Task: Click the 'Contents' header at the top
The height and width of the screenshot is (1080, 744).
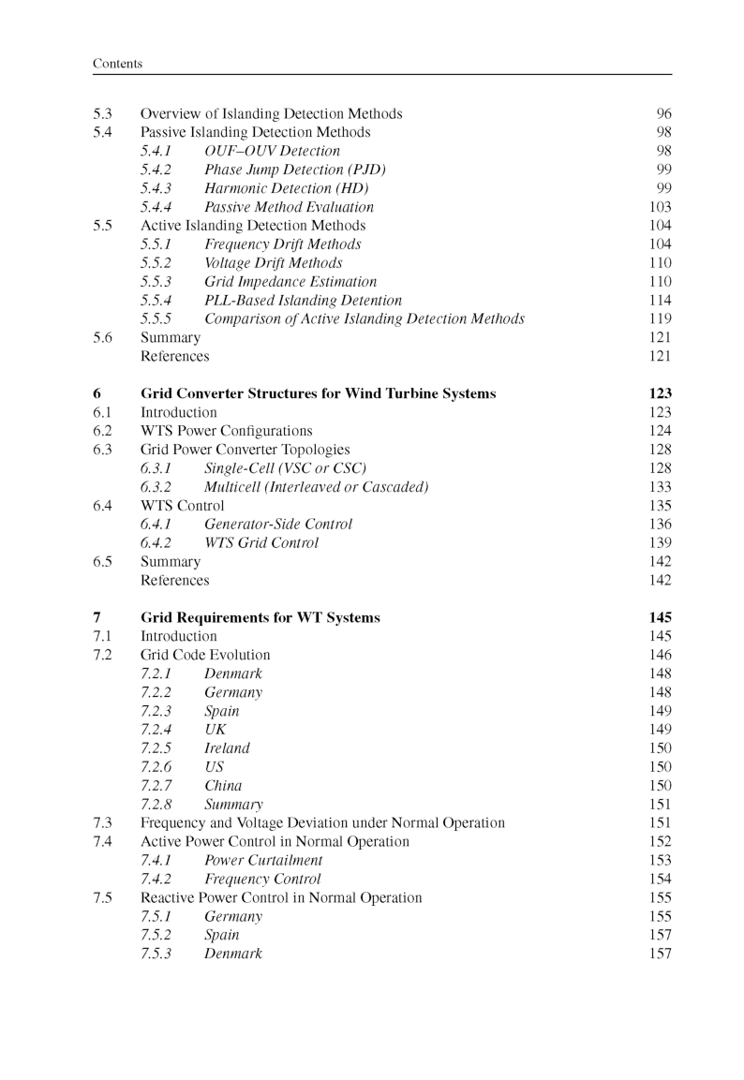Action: click(118, 64)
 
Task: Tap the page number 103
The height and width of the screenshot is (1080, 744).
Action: click(661, 207)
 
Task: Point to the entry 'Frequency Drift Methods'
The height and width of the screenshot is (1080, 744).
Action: click(282, 244)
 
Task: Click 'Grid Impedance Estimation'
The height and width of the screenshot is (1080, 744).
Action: click(290, 282)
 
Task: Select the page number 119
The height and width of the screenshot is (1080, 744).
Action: click(661, 319)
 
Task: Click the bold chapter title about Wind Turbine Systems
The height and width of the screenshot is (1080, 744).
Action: click(318, 394)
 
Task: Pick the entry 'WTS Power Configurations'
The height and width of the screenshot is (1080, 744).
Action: click(226, 431)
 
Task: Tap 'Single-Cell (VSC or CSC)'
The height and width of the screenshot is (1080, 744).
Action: click(285, 468)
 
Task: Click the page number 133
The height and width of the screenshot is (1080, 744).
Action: click(661, 487)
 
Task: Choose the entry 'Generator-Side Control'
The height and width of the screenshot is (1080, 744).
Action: click(278, 525)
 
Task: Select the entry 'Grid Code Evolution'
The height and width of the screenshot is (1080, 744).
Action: click(205, 655)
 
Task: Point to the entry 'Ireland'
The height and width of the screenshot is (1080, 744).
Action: click(227, 748)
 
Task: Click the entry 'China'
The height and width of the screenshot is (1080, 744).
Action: click(223, 786)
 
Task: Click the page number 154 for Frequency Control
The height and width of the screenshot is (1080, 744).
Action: click(661, 880)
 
